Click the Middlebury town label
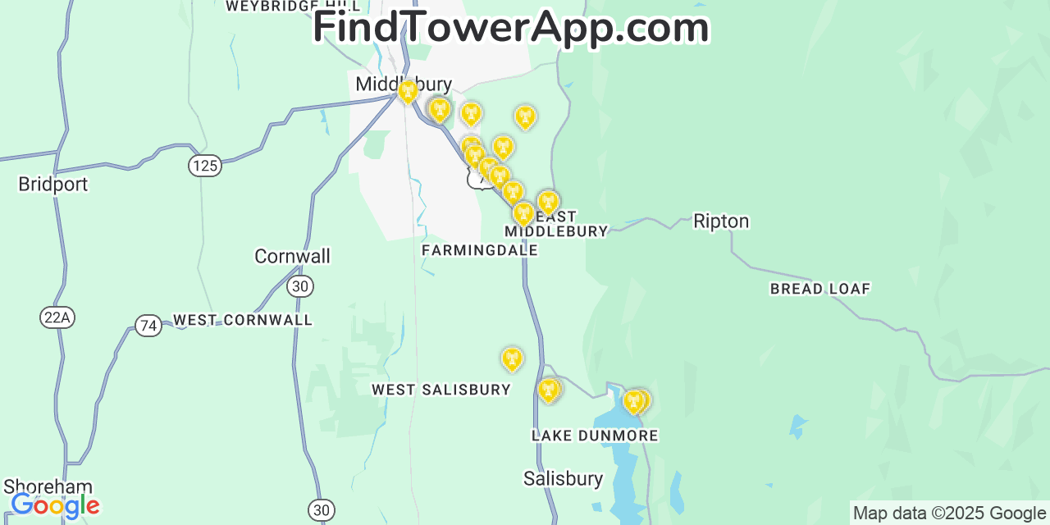403,84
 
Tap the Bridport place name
52,185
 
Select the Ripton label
721,221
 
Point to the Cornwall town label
292,257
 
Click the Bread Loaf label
819,289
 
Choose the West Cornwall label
243,320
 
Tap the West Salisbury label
441,390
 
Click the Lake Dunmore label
595,436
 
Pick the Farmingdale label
480,250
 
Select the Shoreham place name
48,486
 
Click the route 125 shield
204,166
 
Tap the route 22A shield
57,318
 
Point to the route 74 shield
148,326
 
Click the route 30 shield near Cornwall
300,286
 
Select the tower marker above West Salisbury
512,358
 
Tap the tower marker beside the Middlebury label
408,91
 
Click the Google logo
55,505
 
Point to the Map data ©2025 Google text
948,514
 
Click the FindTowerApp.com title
510,27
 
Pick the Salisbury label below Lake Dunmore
563,479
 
